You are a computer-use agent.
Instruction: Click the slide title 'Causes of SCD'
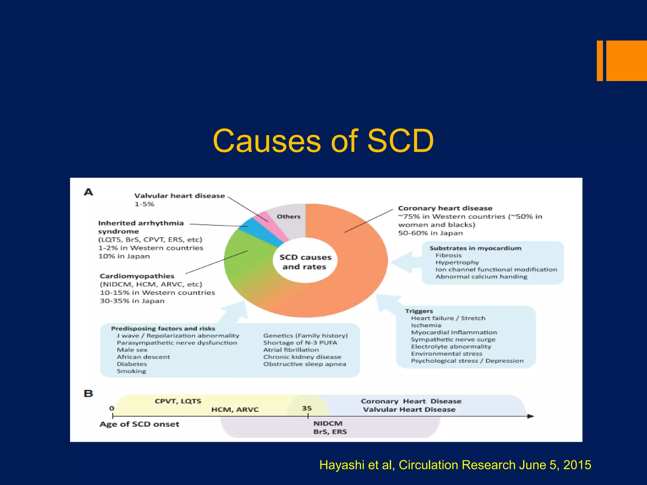coord(323,141)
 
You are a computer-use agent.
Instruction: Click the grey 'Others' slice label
coord(288,217)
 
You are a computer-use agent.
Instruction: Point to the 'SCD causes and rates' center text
coord(305,262)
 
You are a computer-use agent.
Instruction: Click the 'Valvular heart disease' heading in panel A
coord(179,196)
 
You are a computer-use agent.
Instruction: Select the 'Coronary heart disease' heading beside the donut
coord(445,208)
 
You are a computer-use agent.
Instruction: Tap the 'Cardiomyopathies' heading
coord(137,276)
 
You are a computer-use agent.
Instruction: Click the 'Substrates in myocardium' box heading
coord(475,248)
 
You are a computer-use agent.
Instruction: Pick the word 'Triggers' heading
coord(419,311)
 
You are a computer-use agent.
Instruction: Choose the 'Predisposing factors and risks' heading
coord(163,328)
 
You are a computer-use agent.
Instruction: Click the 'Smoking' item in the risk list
coord(131,371)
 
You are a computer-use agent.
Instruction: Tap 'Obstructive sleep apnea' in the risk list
coord(305,364)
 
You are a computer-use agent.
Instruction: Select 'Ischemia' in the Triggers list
coord(426,325)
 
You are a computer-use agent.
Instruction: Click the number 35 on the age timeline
coord(307,408)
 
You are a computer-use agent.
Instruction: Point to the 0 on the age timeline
coord(112,408)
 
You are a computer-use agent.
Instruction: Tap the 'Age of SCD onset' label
coord(139,424)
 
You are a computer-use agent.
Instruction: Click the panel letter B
coord(88,393)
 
